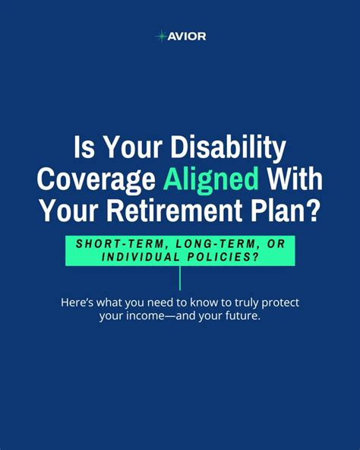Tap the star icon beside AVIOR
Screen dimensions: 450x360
[x=161, y=36]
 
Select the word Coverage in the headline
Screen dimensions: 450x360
[x=96, y=181]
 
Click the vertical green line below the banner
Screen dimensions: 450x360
[x=180, y=277]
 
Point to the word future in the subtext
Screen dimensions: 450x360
[x=238, y=315]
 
